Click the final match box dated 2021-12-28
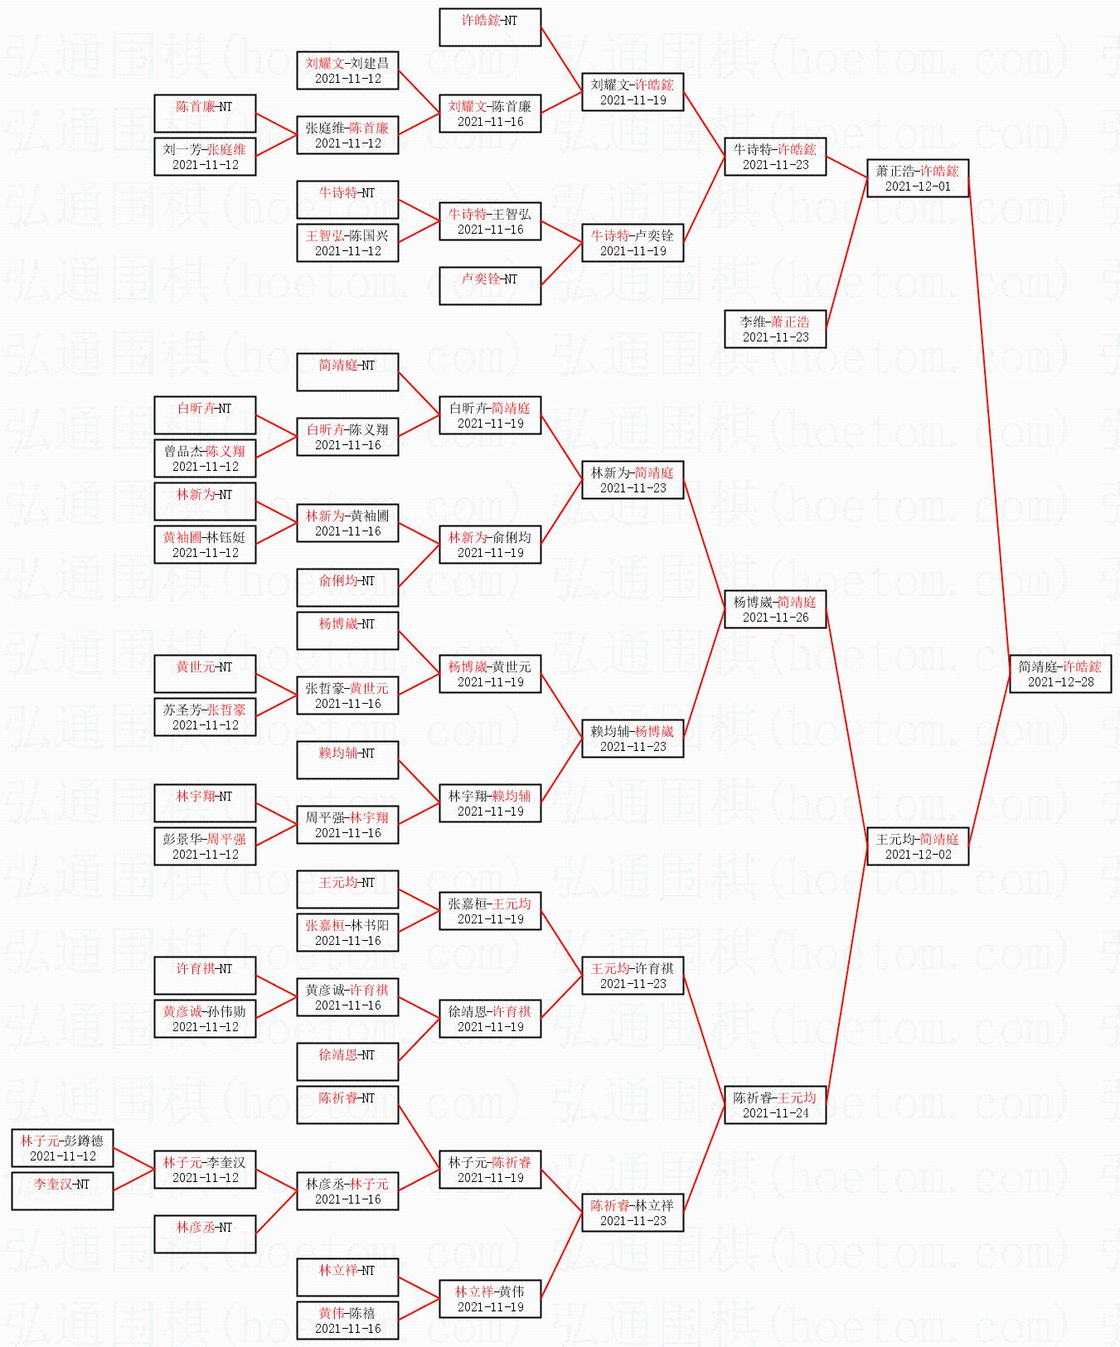click(x=1060, y=674)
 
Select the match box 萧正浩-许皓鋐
click(x=918, y=178)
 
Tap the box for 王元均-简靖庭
click(x=918, y=846)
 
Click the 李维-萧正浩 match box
click(x=775, y=329)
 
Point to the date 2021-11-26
click(x=775, y=618)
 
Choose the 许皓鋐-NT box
click(x=490, y=27)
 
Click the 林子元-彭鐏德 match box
click(x=62, y=1148)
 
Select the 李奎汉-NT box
click(x=62, y=1191)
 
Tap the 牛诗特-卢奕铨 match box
click(x=633, y=243)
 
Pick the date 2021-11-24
click(x=775, y=1113)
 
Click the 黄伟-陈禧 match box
click(x=347, y=1320)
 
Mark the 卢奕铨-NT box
click(x=490, y=286)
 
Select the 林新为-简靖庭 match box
click(x=633, y=480)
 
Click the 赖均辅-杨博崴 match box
click(x=633, y=739)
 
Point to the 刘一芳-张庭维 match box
click(x=205, y=157)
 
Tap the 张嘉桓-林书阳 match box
click(x=347, y=933)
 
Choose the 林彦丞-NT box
click(x=205, y=1234)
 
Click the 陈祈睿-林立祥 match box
click(x=633, y=1213)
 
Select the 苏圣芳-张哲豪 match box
click(x=205, y=717)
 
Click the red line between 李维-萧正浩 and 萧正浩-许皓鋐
click(x=846, y=254)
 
